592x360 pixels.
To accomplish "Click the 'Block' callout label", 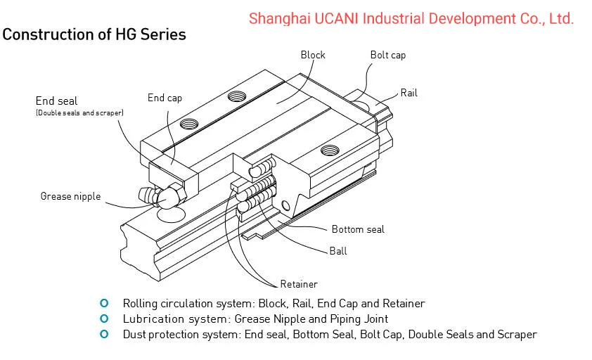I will point(313,55).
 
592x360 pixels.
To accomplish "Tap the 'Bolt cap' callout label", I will point(387,55).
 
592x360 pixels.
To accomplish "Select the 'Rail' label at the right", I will point(408,93).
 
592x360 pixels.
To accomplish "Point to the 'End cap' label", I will point(165,98).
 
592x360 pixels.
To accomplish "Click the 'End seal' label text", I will point(56,101).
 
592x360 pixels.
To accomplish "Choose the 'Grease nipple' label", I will point(70,196).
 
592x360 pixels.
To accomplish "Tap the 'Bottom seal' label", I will point(358,229).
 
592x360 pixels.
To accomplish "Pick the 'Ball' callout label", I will point(338,250).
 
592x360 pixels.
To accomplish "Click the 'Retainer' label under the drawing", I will point(299,284).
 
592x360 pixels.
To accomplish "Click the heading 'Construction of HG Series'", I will point(95,34).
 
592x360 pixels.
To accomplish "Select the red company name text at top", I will point(411,19).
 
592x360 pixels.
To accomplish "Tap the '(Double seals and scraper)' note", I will point(79,112).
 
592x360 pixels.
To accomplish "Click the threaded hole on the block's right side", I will point(328,150).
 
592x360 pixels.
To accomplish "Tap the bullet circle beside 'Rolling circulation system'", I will point(105,303).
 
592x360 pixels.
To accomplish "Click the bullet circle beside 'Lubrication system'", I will point(105,319).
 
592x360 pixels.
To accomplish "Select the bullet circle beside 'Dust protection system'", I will point(105,334).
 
